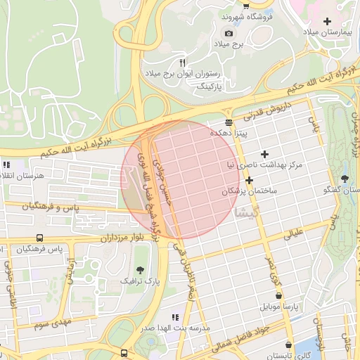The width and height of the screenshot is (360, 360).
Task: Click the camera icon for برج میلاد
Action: point(229,33)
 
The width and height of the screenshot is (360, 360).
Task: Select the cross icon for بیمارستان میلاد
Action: point(328,20)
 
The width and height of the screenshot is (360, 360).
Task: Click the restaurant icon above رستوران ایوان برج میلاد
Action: point(182,63)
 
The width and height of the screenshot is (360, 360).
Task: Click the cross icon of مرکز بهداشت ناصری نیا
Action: point(264,153)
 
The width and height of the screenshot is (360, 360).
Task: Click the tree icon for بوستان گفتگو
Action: point(345,179)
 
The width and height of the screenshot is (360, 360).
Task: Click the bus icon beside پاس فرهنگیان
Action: point(39,238)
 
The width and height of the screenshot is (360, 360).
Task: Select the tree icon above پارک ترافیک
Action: point(141,270)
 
